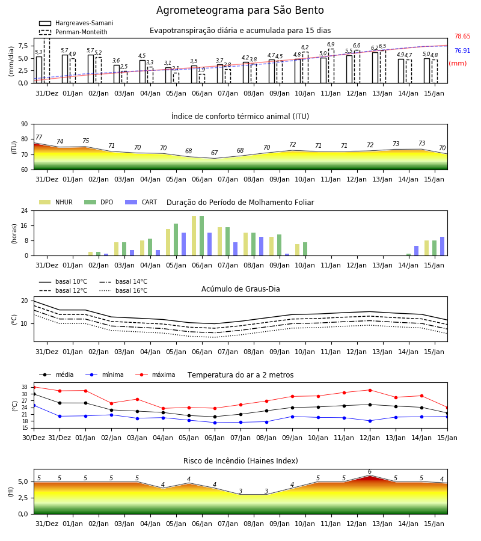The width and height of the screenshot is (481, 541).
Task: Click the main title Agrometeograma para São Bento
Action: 240,10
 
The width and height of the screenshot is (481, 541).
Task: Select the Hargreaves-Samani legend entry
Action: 76,23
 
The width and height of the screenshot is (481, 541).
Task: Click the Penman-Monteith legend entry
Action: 73,32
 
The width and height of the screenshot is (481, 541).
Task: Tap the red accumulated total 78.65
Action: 462,36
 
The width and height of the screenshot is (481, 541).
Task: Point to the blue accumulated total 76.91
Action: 462,50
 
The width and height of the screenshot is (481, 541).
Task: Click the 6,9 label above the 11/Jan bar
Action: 331,44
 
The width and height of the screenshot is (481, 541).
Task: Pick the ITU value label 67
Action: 214,153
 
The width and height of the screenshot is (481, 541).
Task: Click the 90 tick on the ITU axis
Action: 25,124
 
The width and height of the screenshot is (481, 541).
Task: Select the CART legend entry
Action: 141,202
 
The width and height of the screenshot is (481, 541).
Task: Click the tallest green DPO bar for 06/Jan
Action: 202,236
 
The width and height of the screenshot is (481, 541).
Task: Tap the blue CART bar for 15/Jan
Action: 442,246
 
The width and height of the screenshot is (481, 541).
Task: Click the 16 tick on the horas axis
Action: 25,225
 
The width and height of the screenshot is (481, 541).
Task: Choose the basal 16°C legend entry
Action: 123,290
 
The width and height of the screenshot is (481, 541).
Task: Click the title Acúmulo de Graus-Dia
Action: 240,289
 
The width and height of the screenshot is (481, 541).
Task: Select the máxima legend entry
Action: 155,374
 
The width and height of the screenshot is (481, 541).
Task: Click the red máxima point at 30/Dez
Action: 34,387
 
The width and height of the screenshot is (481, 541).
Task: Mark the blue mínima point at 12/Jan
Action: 370,421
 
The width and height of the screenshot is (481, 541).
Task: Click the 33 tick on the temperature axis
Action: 25,387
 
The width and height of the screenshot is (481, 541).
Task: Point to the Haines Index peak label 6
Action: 370,472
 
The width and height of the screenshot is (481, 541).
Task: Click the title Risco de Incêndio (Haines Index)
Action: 240,461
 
